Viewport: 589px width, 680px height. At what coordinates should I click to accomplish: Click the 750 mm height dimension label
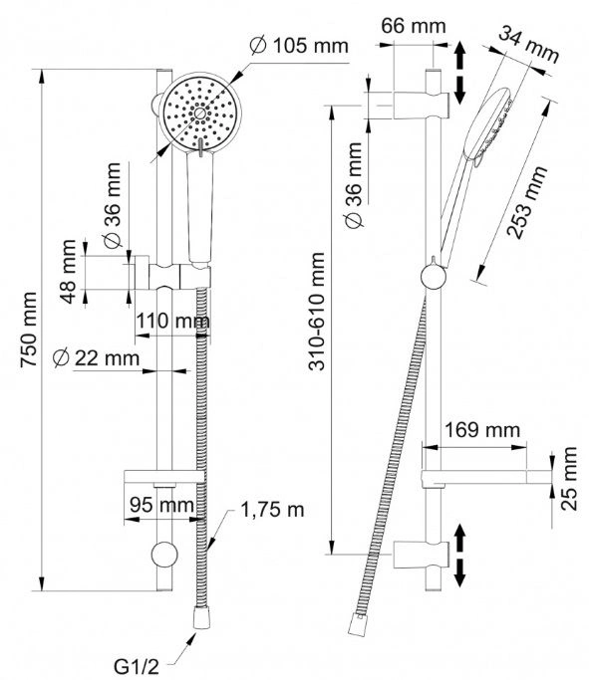(29, 330)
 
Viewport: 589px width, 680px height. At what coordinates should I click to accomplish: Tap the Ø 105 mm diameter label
(300, 46)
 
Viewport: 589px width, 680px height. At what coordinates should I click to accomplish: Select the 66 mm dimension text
(414, 26)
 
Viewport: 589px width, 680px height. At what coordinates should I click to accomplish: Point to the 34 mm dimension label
(528, 44)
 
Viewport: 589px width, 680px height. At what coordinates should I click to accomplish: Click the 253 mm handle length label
(528, 202)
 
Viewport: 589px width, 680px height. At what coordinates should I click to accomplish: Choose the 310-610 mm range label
(317, 312)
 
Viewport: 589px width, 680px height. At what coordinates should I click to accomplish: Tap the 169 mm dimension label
(482, 430)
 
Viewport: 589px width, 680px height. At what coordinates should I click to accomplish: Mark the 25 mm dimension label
(568, 478)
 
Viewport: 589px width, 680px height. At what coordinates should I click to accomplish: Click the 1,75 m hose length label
(272, 510)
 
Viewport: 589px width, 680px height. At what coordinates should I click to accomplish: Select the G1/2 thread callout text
(137, 666)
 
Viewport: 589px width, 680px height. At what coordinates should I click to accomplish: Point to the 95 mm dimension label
(161, 505)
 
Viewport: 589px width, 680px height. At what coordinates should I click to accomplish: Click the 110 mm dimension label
(172, 322)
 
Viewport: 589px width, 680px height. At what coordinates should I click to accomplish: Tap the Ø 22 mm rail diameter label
(96, 358)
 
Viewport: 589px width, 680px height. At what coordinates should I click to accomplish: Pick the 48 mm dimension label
(68, 272)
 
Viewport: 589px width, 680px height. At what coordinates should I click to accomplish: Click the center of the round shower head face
(199, 113)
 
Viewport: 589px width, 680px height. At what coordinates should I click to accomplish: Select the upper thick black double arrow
(459, 74)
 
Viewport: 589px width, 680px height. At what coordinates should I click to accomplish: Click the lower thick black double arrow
(459, 556)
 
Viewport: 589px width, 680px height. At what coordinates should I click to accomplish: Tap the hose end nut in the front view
(201, 617)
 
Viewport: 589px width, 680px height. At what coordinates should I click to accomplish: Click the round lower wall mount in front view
(164, 555)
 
